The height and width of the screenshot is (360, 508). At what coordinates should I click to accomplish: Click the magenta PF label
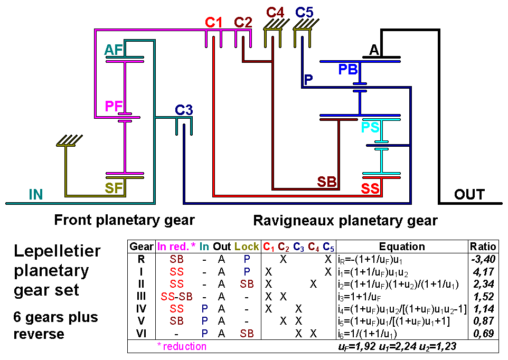click(114, 107)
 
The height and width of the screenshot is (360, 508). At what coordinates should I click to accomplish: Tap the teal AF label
click(114, 50)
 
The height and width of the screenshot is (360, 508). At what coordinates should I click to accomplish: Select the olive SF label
click(114, 188)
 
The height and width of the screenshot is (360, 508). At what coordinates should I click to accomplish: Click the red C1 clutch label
click(214, 23)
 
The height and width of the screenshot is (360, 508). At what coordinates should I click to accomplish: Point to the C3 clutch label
click(184, 110)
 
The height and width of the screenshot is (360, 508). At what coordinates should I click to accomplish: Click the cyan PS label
click(370, 127)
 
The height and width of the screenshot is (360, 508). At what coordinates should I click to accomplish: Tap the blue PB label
click(348, 69)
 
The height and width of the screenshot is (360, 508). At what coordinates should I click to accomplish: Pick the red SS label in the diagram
click(370, 188)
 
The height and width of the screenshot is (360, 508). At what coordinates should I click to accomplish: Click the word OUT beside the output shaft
click(469, 195)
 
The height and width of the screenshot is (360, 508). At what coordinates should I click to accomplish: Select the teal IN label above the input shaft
click(35, 195)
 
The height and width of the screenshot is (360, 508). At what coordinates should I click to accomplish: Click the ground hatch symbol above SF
click(69, 141)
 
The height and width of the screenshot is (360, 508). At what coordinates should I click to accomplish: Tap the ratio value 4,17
click(484, 271)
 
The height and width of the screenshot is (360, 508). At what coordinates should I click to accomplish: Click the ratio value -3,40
click(483, 259)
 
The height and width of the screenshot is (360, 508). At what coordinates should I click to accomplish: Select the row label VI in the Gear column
click(141, 333)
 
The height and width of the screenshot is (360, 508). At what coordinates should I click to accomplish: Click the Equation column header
click(402, 247)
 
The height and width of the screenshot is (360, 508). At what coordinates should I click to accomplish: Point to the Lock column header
click(247, 247)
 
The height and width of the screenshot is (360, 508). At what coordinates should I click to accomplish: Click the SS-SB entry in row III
click(176, 296)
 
